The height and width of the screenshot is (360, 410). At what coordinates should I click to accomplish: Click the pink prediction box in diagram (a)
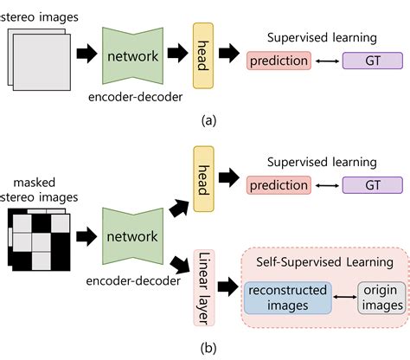(x=279, y=61)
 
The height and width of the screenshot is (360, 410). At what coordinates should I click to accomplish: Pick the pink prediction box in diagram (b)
(x=279, y=186)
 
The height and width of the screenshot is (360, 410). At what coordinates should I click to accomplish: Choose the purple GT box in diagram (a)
(x=373, y=61)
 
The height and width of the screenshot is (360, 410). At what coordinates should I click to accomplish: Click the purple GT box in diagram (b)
(x=373, y=186)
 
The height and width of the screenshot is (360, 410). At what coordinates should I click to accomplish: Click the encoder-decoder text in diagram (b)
(x=133, y=280)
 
